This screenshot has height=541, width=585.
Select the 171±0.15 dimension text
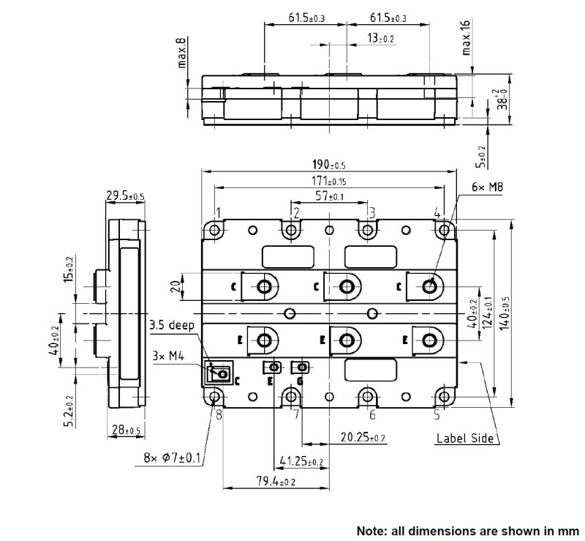point(328,181)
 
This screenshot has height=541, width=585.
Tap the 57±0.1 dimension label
point(328,197)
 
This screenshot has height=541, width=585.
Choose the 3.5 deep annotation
point(173,325)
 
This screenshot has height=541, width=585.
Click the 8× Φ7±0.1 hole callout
point(173,459)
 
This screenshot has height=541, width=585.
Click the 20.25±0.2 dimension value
point(363,437)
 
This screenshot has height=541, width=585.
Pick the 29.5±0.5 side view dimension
point(125,195)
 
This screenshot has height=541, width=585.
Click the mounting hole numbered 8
point(216,396)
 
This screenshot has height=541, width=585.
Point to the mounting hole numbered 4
point(443,230)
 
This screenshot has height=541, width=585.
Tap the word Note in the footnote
point(371,529)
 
